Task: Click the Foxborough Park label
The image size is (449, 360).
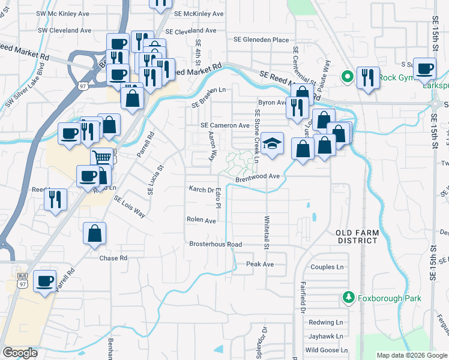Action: coord(390,298)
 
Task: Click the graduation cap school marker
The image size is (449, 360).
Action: coord(273,144)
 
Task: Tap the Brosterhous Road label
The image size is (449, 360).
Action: coord(215,244)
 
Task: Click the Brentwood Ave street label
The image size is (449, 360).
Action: coord(258,177)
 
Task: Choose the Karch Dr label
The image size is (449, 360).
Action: coord(202,189)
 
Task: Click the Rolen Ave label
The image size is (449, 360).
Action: coord(201,220)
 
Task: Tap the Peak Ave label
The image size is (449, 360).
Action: coord(260,264)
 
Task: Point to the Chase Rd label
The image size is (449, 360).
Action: coord(113,258)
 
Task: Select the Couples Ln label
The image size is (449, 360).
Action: coord(327,267)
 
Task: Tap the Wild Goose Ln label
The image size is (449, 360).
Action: coord(326,350)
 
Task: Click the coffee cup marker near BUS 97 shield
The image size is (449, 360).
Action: coord(44,282)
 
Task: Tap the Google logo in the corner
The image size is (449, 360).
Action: coord(20,353)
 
